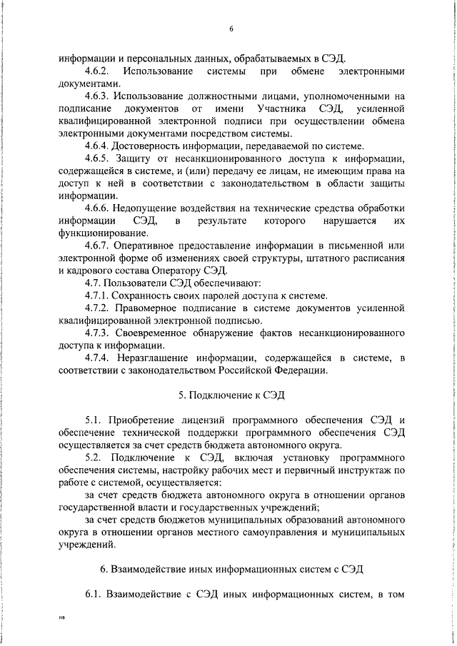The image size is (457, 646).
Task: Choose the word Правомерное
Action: [151, 308]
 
